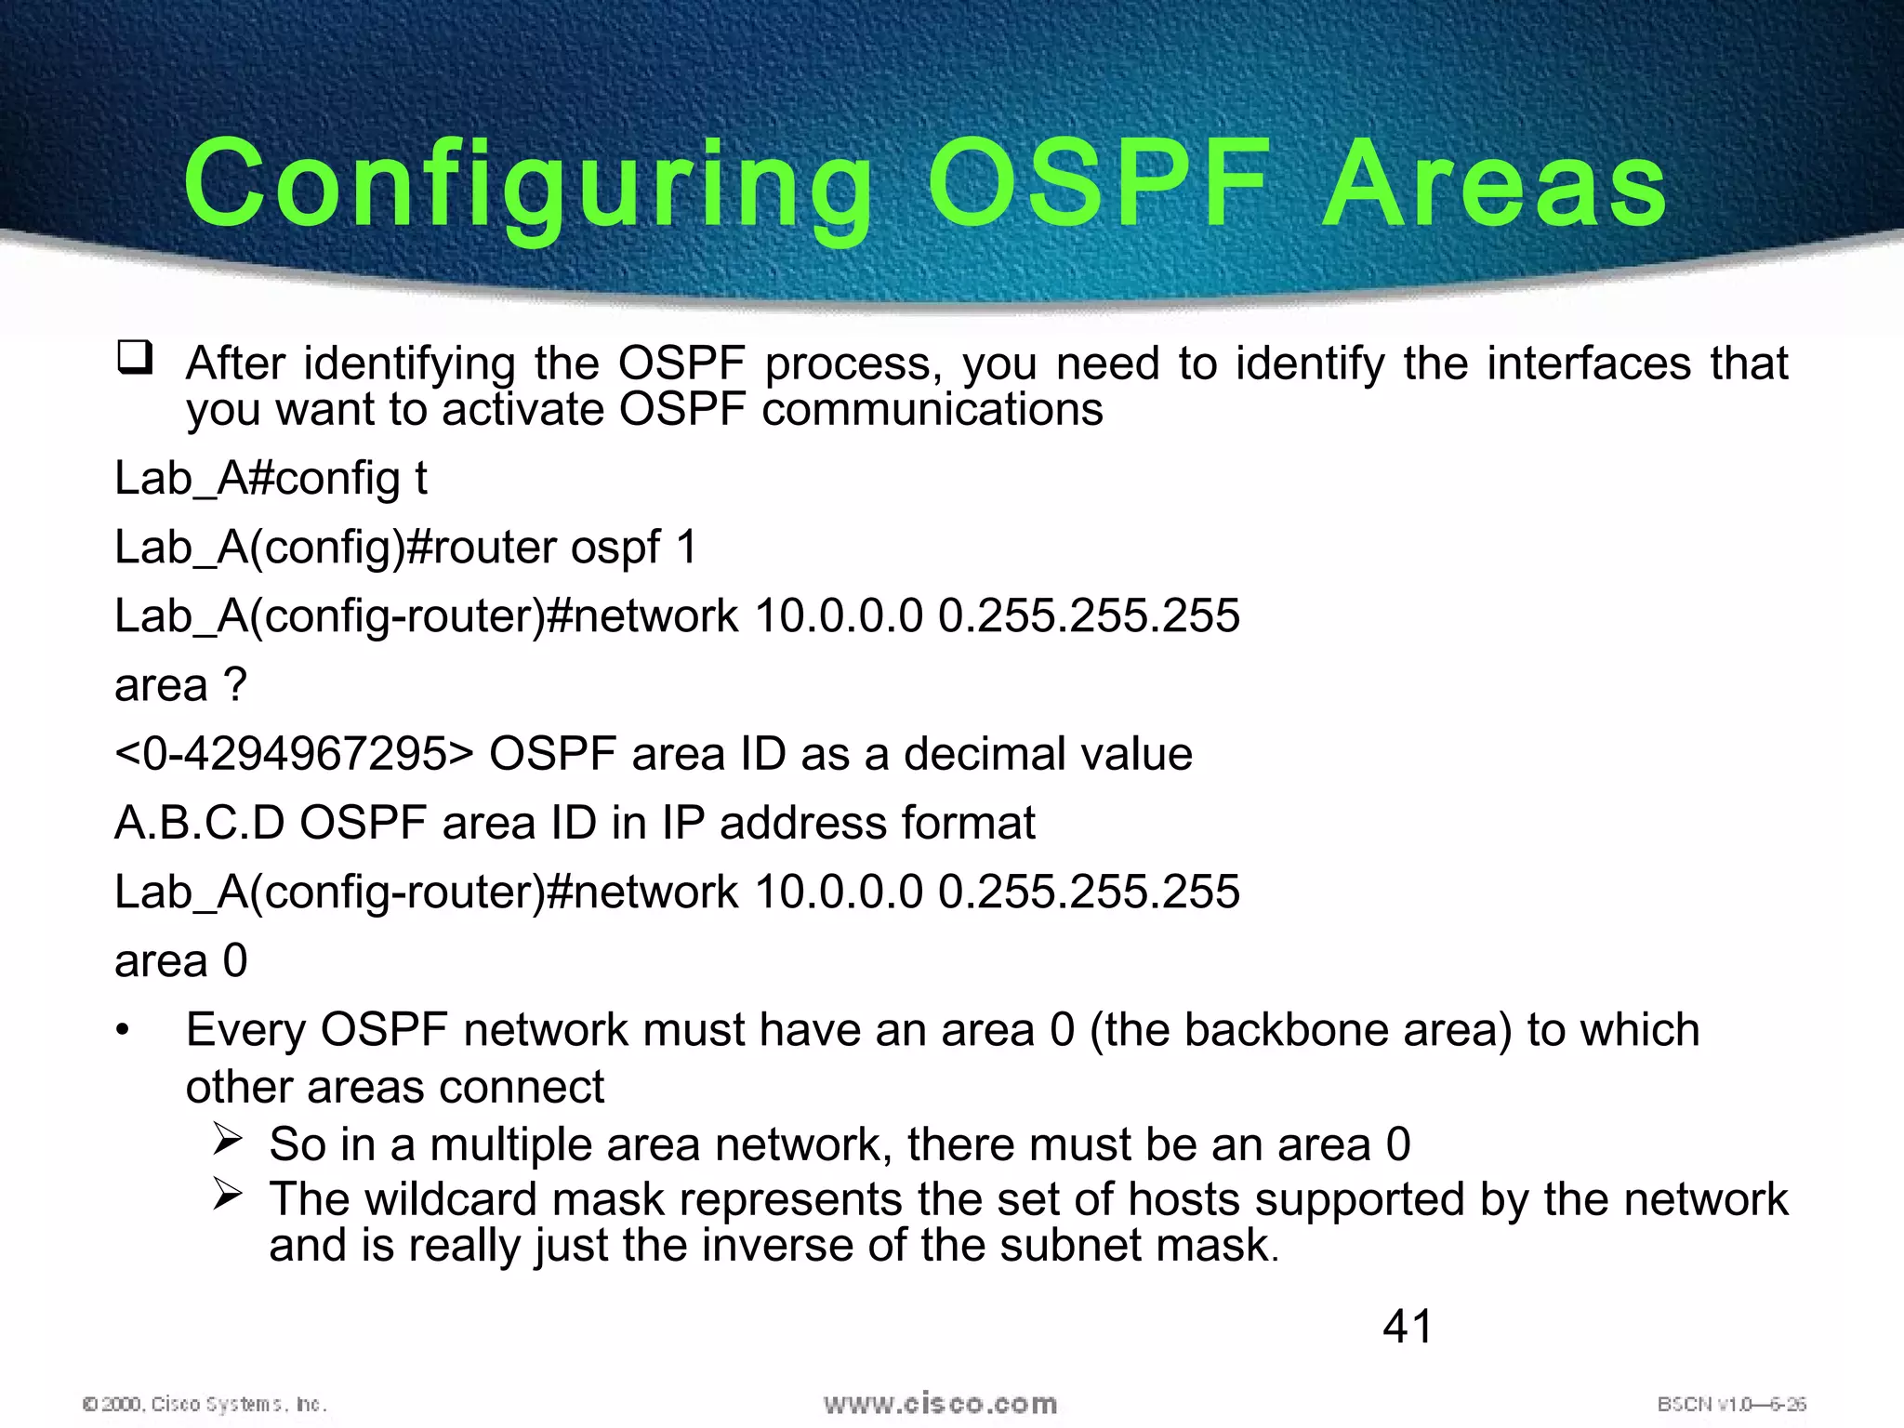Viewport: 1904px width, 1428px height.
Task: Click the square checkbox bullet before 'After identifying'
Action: coord(135,358)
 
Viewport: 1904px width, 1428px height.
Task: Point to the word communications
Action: coord(932,409)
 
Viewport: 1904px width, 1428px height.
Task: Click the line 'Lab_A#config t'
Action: coord(271,478)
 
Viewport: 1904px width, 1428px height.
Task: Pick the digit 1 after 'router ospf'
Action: coord(686,547)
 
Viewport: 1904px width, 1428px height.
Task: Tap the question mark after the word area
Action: coord(235,685)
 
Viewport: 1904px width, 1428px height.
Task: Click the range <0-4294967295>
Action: coord(294,753)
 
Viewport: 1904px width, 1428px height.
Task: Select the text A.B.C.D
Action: coord(199,823)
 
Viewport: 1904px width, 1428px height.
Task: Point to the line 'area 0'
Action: coord(181,960)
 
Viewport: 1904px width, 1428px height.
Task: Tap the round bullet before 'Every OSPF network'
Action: coord(123,1031)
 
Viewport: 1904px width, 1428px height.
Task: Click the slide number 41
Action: coord(1408,1326)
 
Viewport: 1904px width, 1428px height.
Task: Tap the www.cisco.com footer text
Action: coord(940,1404)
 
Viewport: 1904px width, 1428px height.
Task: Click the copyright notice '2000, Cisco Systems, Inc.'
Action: coord(205,1404)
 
